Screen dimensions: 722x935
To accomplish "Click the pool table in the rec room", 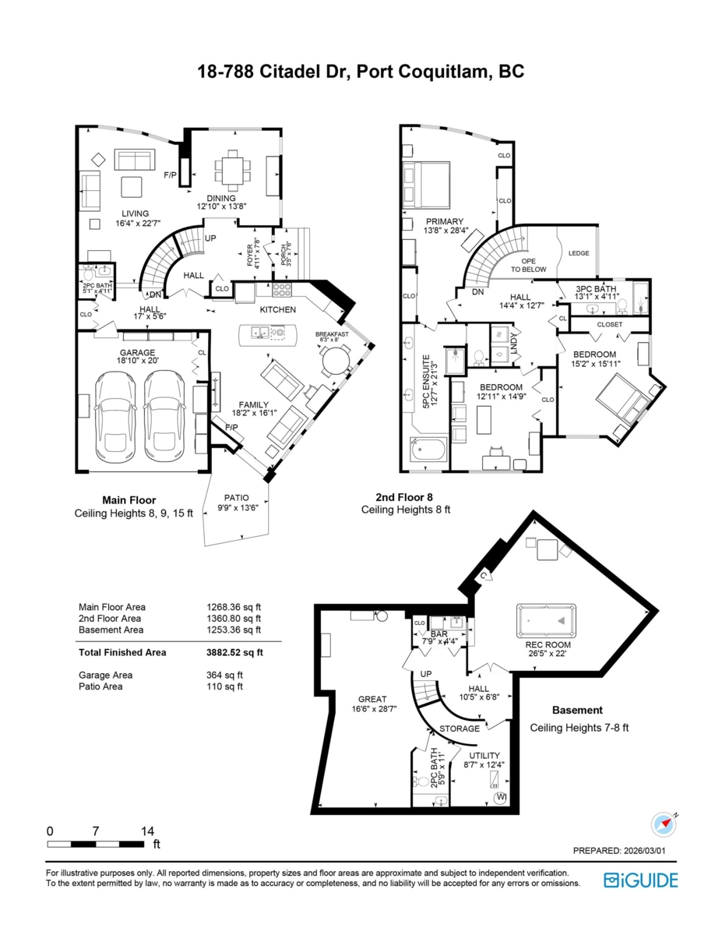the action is click(547, 620).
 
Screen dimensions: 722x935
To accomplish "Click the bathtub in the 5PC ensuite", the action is click(428, 450).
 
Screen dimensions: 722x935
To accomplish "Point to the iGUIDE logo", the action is click(640, 880).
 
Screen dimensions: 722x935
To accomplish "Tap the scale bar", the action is click(96, 844).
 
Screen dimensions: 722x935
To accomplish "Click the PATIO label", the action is click(237, 498).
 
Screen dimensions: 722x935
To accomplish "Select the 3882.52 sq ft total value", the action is click(234, 652).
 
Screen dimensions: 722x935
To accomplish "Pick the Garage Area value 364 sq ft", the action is click(224, 675).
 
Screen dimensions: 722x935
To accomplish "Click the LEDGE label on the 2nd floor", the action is click(579, 253).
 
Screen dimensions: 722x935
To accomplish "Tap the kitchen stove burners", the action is click(282, 289).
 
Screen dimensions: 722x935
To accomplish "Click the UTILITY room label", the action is click(484, 756).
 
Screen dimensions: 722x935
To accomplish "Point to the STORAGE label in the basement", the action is click(460, 729).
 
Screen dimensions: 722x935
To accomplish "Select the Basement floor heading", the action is click(577, 710).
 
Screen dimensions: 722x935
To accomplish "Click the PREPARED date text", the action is click(619, 851).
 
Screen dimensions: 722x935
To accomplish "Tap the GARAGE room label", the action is click(137, 352).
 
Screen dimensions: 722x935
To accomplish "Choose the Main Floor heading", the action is click(129, 500).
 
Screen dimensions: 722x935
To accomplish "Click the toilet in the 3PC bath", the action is click(622, 305).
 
